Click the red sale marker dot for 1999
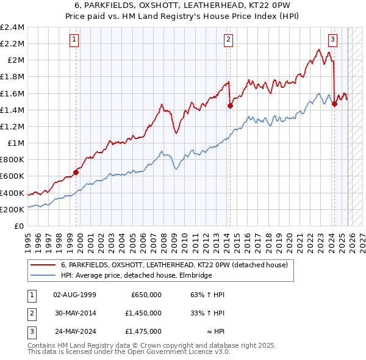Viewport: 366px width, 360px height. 76,172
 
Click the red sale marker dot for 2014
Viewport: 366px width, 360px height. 230,106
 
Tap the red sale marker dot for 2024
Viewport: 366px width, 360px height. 334,104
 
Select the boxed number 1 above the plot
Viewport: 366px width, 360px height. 74,40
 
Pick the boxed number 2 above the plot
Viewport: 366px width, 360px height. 228,40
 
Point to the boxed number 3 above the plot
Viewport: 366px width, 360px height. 333,40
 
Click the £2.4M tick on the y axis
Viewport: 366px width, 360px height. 12,27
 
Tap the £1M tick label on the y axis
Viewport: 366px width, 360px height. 15,143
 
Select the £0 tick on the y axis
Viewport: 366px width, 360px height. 20,226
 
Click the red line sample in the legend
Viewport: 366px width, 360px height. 43,265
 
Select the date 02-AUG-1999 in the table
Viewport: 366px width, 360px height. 75,295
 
